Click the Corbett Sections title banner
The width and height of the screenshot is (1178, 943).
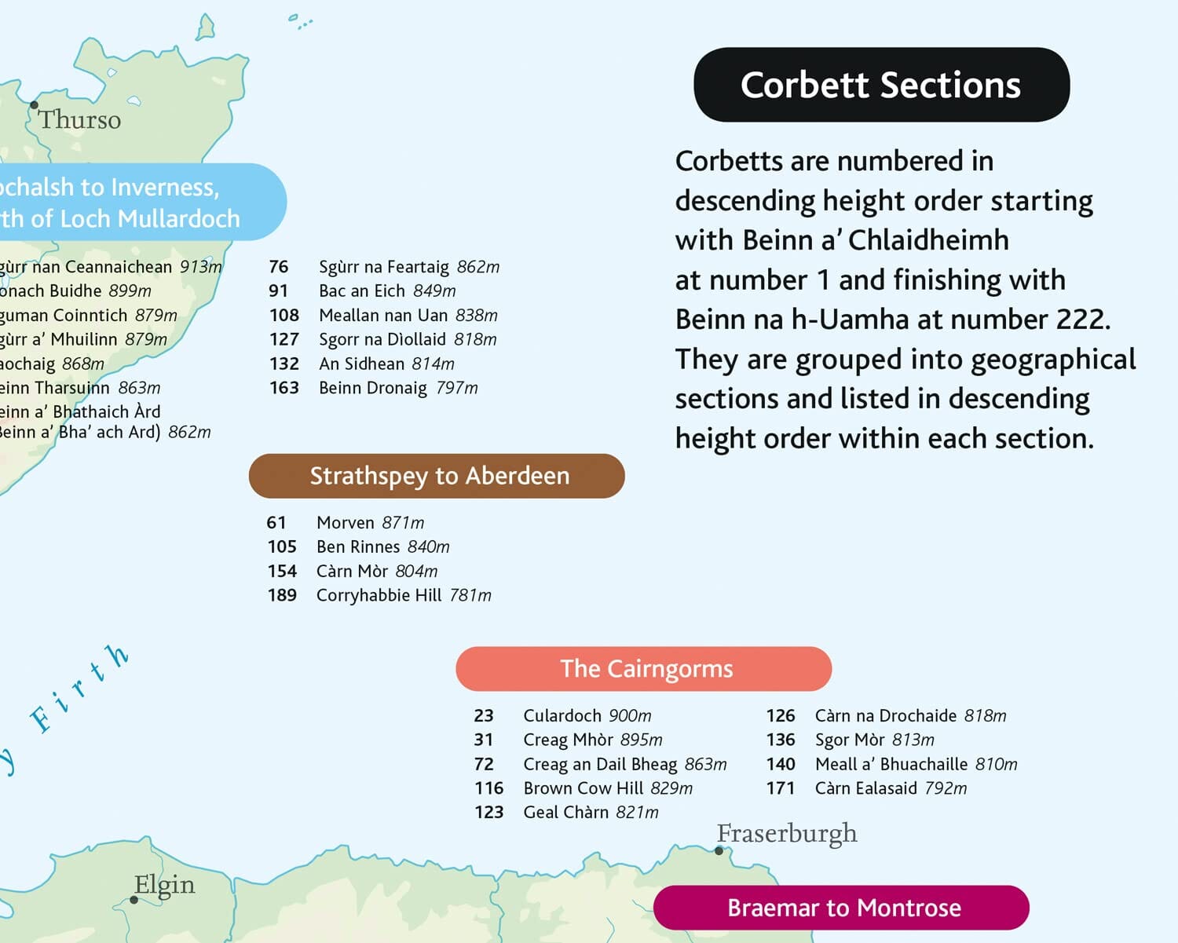[881, 85]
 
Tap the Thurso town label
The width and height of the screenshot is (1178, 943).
[79, 120]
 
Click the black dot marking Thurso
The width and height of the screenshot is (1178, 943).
[34, 104]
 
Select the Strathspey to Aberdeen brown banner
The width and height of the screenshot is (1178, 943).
[437, 476]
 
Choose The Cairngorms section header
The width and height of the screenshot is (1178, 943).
[643, 669]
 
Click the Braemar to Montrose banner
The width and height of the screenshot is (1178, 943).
[841, 908]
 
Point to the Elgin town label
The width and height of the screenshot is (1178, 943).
[164, 885]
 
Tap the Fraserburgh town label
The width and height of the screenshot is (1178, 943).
[787, 833]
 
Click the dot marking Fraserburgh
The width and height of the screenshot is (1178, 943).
[719, 851]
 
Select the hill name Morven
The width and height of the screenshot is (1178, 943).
[346, 523]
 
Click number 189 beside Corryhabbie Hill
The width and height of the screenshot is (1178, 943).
[282, 595]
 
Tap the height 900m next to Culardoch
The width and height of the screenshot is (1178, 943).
[630, 716]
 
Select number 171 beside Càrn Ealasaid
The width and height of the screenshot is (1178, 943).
[781, 788]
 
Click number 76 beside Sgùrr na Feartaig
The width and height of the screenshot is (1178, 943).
[279, 267]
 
